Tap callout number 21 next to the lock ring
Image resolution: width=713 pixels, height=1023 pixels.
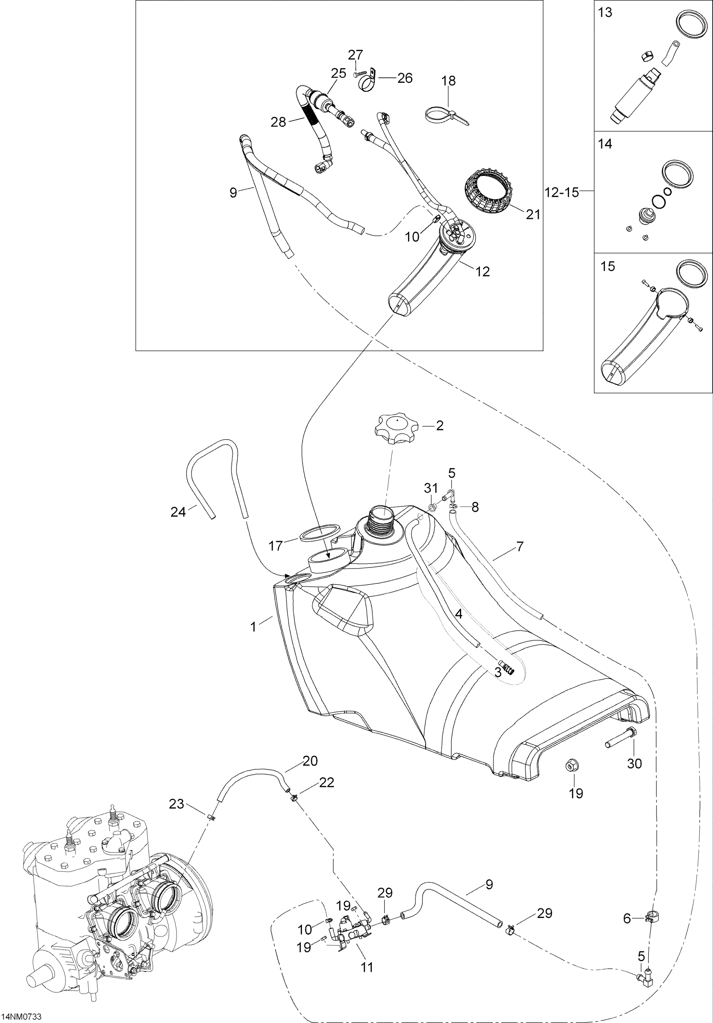(533, 215)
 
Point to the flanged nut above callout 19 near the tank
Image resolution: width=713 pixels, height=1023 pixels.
(569, 765)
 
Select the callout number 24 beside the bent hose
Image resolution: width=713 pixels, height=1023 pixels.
(178, 513)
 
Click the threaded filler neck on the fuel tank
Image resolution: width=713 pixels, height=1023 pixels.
(381, 520)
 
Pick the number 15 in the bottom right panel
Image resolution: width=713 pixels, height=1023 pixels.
(607, 266)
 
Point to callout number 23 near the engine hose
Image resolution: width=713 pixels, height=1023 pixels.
(176, 803)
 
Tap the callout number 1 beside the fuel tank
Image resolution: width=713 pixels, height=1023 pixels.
(253, 627)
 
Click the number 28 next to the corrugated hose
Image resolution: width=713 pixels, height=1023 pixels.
(278, 122)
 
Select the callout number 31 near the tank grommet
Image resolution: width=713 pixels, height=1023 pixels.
(431, 488)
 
